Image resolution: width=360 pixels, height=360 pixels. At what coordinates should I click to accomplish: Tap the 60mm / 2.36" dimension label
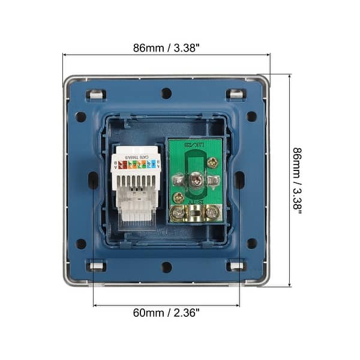(166, 313)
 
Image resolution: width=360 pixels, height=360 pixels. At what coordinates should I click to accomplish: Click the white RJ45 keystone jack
(135, 186)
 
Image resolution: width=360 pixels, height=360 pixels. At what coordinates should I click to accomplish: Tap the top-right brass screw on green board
(212, 162)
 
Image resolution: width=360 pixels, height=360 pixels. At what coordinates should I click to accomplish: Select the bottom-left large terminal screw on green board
(178, 211)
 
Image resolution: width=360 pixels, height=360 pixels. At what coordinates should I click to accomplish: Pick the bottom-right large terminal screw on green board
(211, 211)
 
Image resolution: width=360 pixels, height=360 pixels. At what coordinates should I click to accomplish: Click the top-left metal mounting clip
(95, 94)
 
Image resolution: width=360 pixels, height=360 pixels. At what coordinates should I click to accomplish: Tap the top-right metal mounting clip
(236, 94)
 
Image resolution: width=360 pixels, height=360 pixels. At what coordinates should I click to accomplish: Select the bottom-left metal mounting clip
(95, 266)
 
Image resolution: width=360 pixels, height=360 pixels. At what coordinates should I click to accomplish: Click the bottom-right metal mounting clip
(236, 266)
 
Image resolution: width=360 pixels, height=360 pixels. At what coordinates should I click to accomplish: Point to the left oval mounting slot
(93, 180)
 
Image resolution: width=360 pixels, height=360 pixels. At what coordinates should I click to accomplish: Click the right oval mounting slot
(239, 180)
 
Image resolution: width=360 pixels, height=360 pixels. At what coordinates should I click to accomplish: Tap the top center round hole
(166, 94)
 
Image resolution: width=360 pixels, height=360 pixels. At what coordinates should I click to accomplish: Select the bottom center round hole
(166, 266)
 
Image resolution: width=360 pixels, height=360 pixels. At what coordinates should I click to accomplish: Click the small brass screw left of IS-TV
(178, 197)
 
